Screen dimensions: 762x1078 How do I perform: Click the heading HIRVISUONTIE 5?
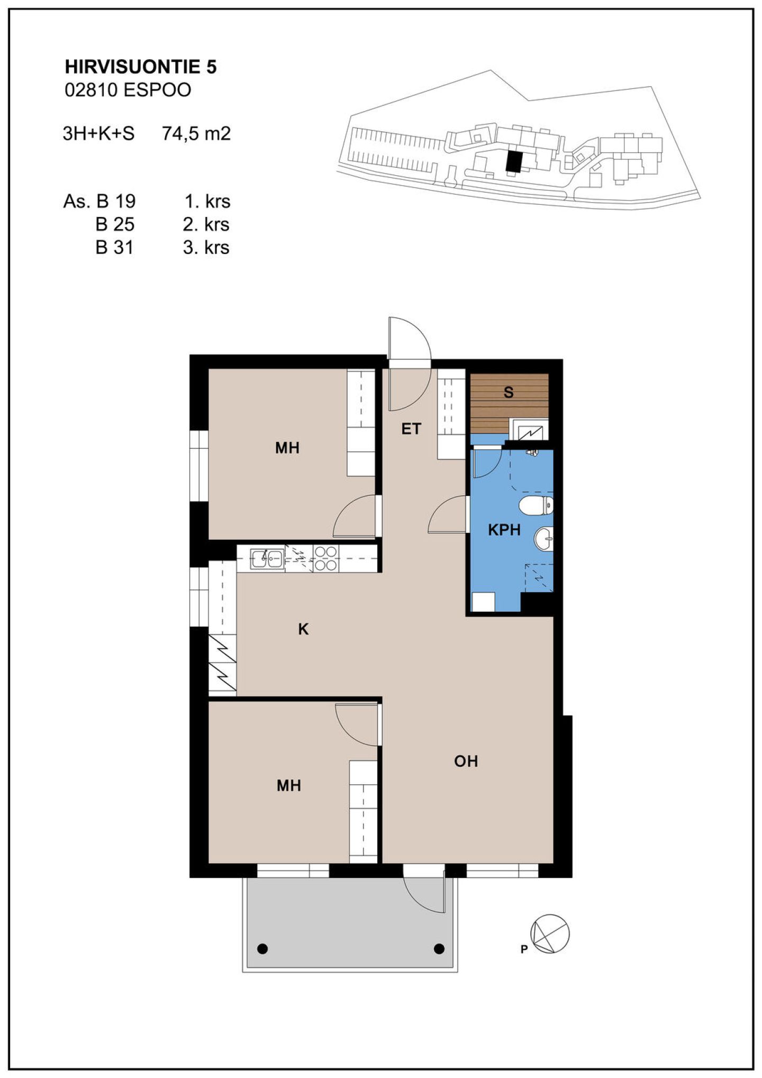point(141,67)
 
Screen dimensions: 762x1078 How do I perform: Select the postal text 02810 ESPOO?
point(128,90)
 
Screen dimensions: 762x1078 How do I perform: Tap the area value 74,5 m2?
point(196,133)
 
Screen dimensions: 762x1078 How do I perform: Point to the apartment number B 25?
point(115,224)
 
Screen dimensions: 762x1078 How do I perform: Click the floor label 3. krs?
point(206,248)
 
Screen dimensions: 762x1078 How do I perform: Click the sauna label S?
point(509,392)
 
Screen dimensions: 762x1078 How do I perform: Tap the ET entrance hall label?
point(411,429)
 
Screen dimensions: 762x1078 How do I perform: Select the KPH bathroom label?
point(504,530)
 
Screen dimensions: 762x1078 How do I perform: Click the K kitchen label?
point(303,629)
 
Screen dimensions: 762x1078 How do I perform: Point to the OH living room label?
point(466,761)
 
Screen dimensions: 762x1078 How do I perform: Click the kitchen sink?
point(267,558)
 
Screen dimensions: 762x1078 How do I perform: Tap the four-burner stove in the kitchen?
point(326,558)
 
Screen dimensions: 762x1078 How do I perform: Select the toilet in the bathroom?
point(536,506)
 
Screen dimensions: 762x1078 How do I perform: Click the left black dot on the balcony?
point(263,949)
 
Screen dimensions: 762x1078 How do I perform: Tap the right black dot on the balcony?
point(439,949)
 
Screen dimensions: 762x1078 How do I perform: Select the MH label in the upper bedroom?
point(287,448)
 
